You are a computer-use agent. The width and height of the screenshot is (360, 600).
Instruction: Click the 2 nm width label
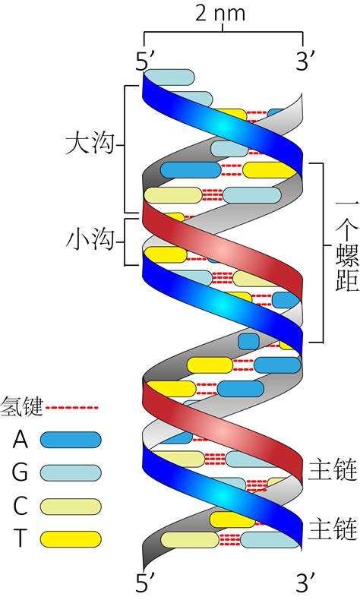tap(223, 14)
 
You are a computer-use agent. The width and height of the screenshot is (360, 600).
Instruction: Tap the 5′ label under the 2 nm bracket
tap(145, 62)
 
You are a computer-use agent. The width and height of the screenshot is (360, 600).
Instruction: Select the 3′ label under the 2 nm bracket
tap(306, 62)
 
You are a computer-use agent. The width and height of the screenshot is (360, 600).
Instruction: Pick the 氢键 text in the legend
tap(22, 407)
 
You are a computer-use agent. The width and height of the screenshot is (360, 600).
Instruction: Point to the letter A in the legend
tap(20, 440)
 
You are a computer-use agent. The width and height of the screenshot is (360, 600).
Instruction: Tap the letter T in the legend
tap(20, 538)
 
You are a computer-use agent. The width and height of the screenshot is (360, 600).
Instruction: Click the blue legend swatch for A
tap(70, 440)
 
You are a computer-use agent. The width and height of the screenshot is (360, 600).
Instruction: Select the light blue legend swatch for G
tap(70, 472)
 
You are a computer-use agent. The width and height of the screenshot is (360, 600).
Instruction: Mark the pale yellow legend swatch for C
tap(70, 506)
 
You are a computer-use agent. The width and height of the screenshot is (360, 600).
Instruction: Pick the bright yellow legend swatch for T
tap(70, 538)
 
